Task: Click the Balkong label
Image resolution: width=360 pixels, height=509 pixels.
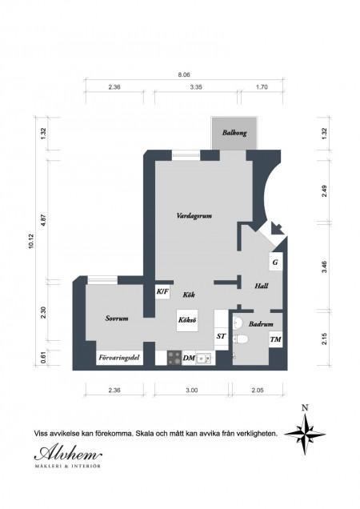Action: [234, 133]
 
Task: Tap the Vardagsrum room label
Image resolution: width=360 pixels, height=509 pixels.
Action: [194, 215]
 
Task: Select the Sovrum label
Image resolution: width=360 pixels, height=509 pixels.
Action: [117, 319]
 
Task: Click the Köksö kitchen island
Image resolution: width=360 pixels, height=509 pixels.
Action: [187, 320]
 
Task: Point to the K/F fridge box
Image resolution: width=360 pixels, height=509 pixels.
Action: [162, 291]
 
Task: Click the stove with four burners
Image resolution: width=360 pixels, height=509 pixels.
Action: [174, 358]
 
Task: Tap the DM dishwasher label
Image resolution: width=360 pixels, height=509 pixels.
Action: [189, 358]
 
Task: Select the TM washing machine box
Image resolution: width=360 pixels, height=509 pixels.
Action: [275, 339]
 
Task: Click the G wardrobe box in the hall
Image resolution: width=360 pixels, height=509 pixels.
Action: [275, 262]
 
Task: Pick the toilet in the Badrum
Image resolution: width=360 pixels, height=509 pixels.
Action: [241, 339]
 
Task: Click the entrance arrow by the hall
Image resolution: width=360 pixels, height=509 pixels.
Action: [277, 228]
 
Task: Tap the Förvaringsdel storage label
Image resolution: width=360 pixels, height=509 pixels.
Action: [119, 358]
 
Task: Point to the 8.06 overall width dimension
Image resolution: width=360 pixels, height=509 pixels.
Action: [184, 74]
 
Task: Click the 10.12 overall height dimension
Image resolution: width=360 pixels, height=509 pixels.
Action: [31, 241]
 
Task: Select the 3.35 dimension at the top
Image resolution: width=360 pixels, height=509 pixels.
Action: [196, 87]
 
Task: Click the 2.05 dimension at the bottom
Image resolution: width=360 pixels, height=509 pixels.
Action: [258, 390]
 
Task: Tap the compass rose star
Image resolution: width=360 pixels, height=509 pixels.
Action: [305, 434]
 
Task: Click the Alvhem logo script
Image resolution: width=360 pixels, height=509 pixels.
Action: [68, 452]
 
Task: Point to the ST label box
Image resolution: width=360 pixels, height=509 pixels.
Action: [222, 336]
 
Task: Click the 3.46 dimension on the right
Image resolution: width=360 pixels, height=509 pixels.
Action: [324, 267]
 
